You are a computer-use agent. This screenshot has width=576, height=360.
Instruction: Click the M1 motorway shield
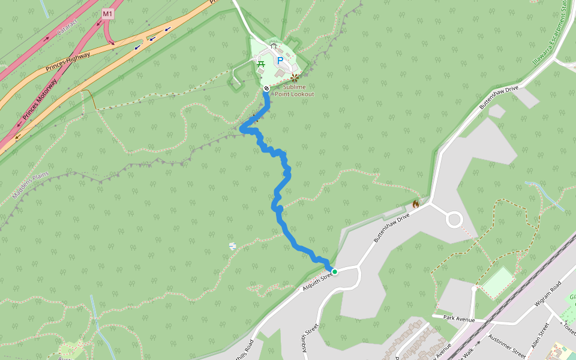pos(107,13)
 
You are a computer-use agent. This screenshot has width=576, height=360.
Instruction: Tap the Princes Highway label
pos(68,62)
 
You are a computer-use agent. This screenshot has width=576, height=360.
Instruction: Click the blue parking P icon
pos(280,60)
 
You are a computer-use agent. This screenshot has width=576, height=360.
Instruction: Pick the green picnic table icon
pos(262,64)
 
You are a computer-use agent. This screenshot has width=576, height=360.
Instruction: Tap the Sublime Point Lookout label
pos(294,91)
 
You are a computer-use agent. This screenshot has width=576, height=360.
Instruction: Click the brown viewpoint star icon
pos(294,77)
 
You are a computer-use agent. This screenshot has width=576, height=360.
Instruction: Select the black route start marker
pos(266,88)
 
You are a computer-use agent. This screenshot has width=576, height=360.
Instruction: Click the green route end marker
pos(335,272)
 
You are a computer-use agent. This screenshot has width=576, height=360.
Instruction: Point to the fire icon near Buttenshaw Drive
pos(415,204)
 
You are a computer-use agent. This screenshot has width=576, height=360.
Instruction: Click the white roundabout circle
pos(454,220)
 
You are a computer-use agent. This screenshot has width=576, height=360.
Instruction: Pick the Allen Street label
pos(540,335)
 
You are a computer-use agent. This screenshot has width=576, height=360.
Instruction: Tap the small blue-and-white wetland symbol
pos(232,246)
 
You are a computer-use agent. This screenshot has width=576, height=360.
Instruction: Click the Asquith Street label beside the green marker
pos(317,278)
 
